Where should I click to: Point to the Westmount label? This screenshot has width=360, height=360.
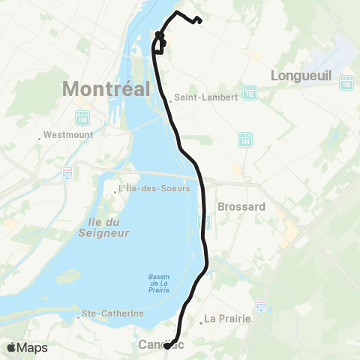[64, 136]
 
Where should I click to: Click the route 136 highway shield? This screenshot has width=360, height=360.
[80, 118]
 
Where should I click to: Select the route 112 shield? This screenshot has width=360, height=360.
[250, 92]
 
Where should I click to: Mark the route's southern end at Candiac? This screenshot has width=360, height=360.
[166, 346]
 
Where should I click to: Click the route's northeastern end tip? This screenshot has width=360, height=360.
[201, 20]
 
